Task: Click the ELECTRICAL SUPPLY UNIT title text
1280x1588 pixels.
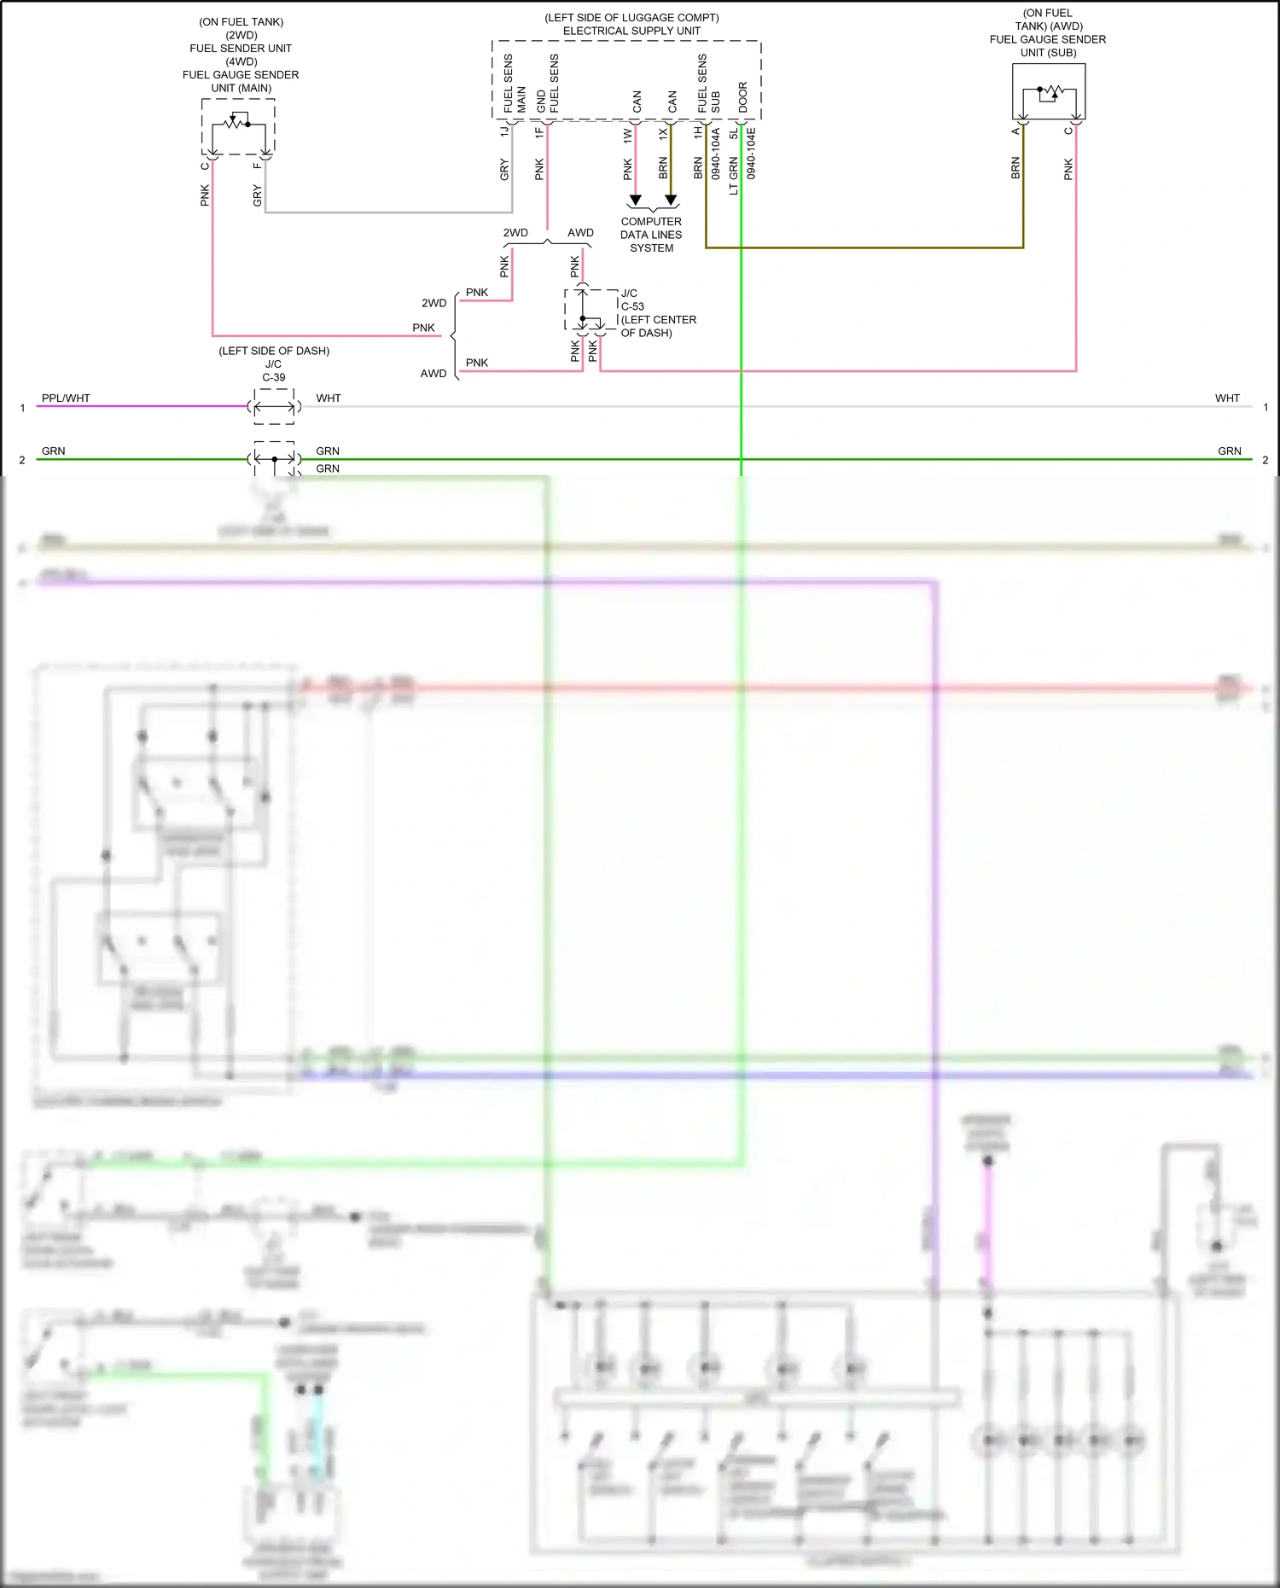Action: (x=631, y=31)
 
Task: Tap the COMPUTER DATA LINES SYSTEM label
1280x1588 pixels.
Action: (x=651, y=235)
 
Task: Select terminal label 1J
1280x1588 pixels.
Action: (x=504, y=131)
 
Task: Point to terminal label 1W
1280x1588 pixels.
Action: (x=628, y=134)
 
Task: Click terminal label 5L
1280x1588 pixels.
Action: (x=734, y=134)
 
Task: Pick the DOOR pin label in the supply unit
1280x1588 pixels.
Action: (x=743, y=97)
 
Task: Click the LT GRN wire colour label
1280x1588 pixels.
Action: (x=734, y=176)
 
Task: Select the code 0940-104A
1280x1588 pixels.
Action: (x=716, y=154)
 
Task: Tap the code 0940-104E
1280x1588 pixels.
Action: (x=751, y=154)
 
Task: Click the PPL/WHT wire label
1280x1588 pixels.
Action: (x=66, y=398)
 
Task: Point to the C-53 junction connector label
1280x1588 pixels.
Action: (x=632, y=306)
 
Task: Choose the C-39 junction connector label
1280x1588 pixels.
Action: (x=274, y=377)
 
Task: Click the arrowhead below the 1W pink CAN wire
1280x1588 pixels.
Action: (x=635, y=201)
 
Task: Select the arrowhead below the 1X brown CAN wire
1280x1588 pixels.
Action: (x=671, y=201)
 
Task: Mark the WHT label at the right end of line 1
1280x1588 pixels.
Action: (x=1227, y=398)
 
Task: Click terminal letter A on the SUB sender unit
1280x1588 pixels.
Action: (x=1015, y=131)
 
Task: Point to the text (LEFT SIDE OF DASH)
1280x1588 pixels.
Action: (x=274, y=351)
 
